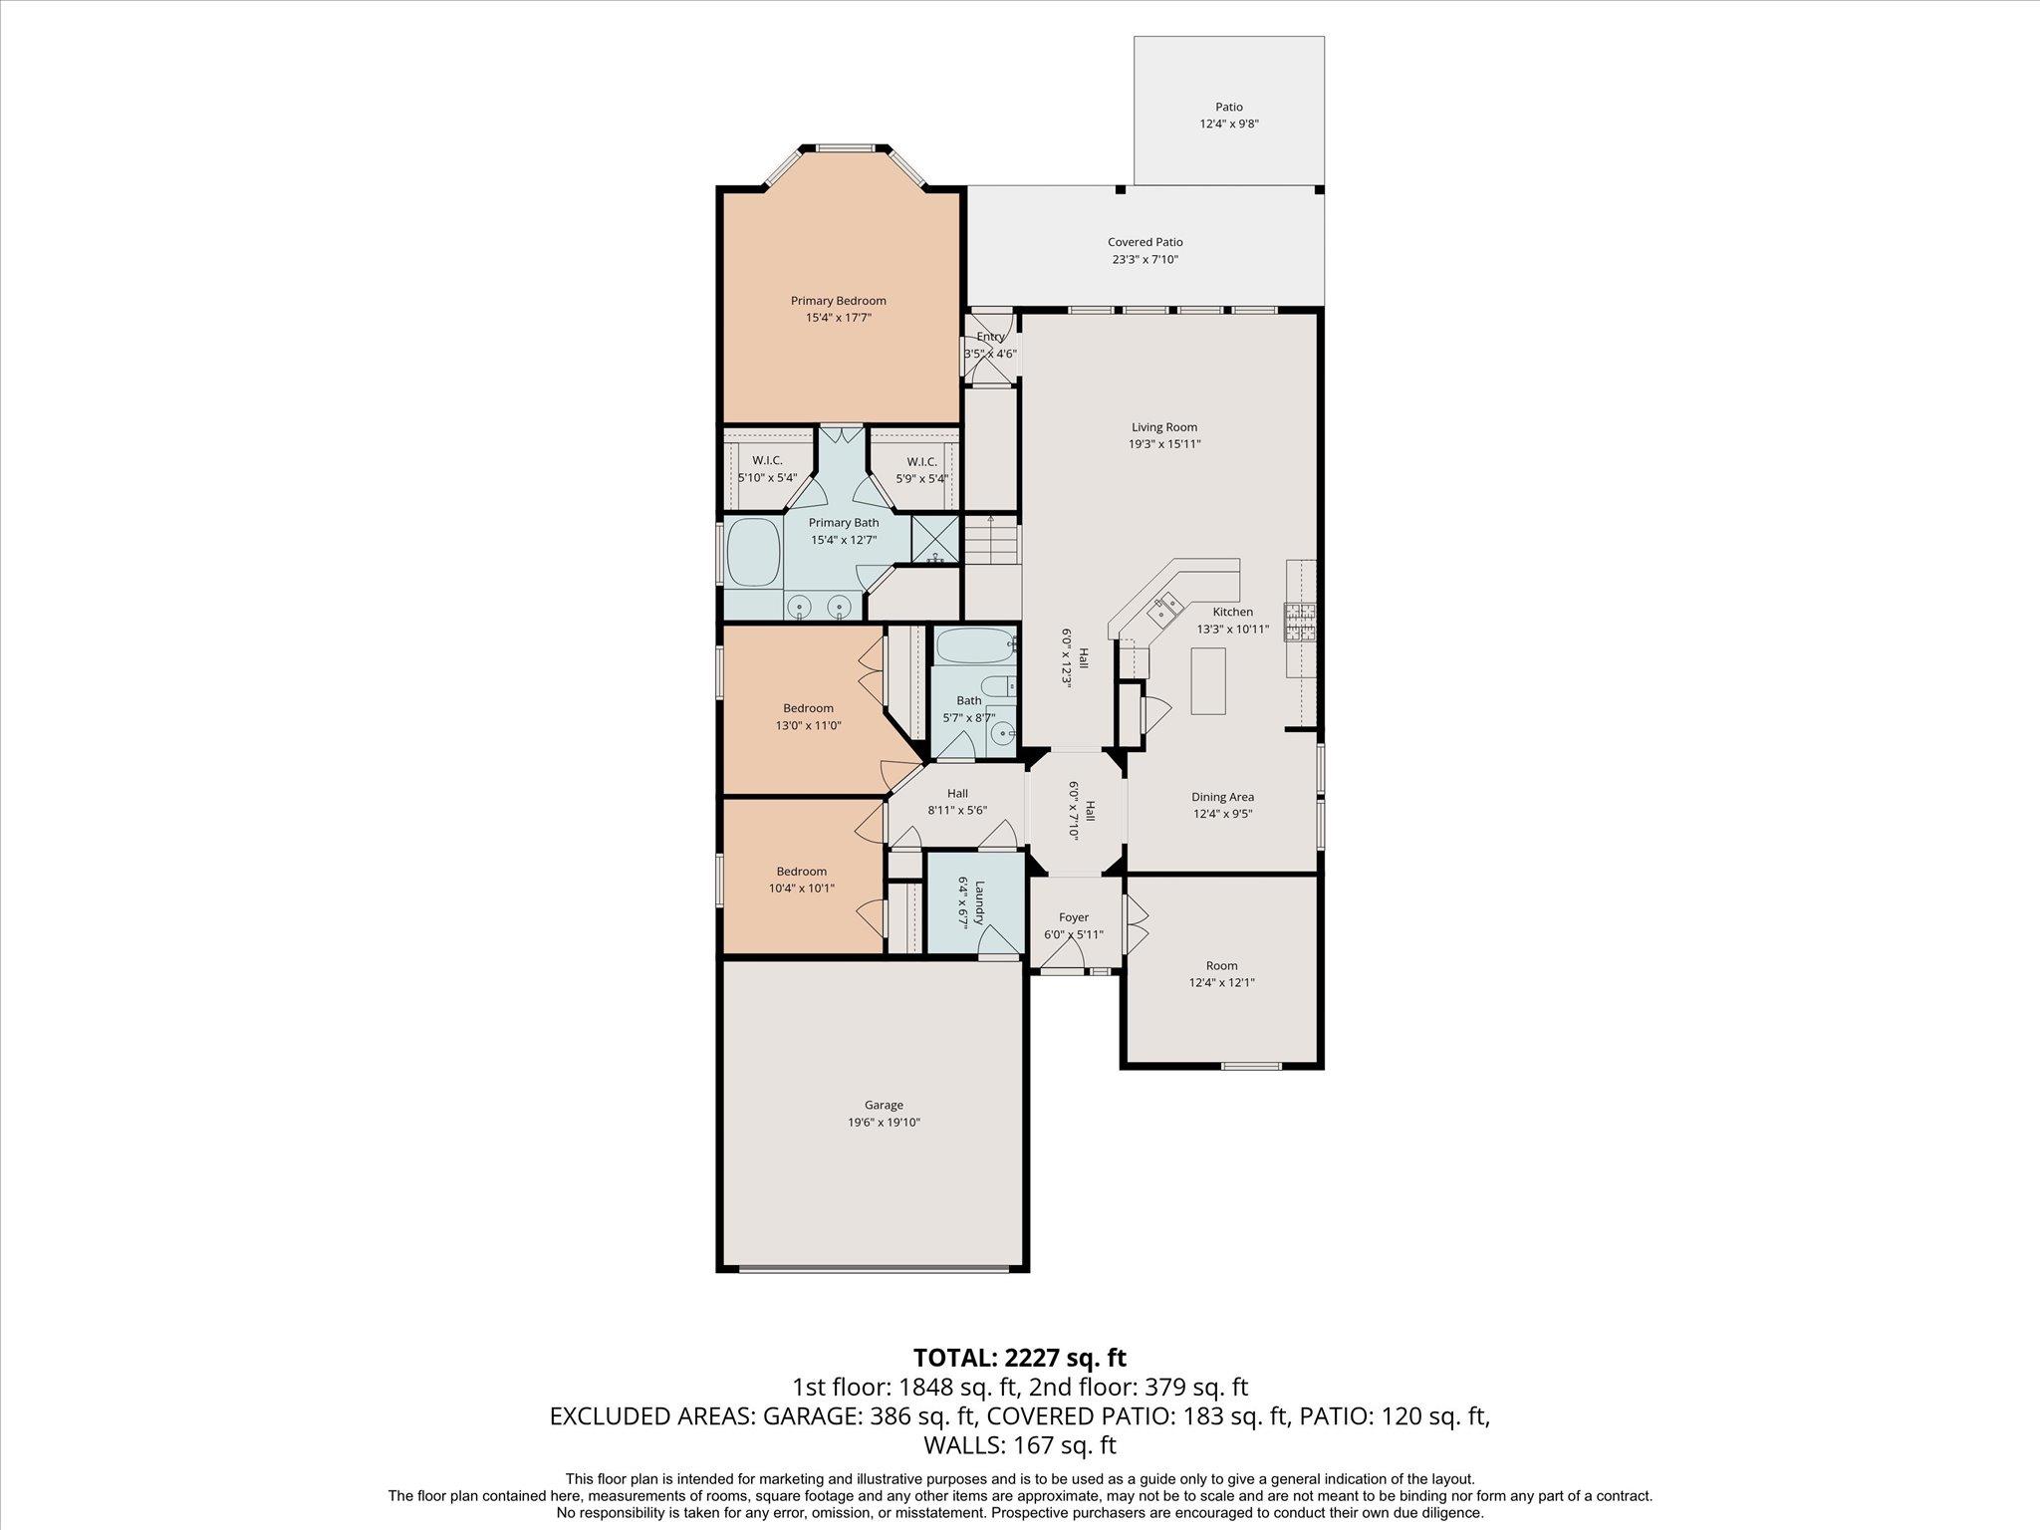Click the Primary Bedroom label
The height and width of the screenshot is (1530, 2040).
tap(838, 301)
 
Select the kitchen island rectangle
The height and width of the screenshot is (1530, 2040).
tap(1208, 680)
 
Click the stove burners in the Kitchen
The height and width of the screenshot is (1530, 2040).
tap(1299, 624)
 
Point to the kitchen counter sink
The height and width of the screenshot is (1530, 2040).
tap(1166, 608)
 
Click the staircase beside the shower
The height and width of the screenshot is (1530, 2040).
tap(991, 542)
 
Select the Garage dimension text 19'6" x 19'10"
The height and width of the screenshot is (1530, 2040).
tap(883, 1123)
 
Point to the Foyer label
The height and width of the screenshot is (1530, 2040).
tap(1073, 917)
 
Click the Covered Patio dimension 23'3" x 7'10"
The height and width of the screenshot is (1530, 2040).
tap(1146, 260)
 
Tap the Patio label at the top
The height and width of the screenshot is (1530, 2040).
tap(1228, 107)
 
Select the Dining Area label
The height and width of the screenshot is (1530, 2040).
tap(1222, 797)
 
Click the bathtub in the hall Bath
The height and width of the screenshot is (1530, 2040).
tap(972, 647)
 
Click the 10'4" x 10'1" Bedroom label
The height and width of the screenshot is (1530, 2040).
tap(801, 872)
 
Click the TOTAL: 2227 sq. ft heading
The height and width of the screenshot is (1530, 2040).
tap(1019, 1357)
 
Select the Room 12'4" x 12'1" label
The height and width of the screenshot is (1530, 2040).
tap(1221, 965)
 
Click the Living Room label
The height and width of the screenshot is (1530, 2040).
tap(1163, 427)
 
